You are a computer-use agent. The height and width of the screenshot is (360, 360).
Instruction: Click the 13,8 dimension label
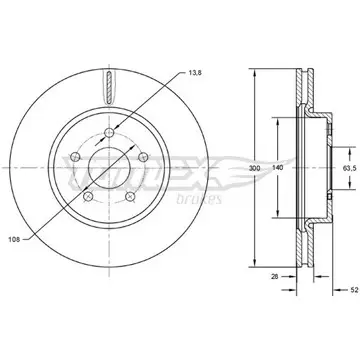coord(194,73)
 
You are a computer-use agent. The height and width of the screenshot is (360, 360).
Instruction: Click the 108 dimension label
coord(14,239)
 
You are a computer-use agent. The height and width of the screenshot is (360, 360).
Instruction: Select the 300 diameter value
coord(254,168)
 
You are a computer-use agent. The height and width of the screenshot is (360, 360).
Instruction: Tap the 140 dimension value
coord(277,168)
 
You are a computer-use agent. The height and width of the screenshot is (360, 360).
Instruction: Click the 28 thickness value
coord(275,276)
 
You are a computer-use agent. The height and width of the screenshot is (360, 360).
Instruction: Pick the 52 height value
coord(354,289)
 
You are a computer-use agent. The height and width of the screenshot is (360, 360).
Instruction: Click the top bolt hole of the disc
coord(109,133)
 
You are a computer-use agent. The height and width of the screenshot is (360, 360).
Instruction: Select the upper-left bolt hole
coord(75,156)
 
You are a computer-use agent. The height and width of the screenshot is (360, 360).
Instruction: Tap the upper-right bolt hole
coord(143,156)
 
